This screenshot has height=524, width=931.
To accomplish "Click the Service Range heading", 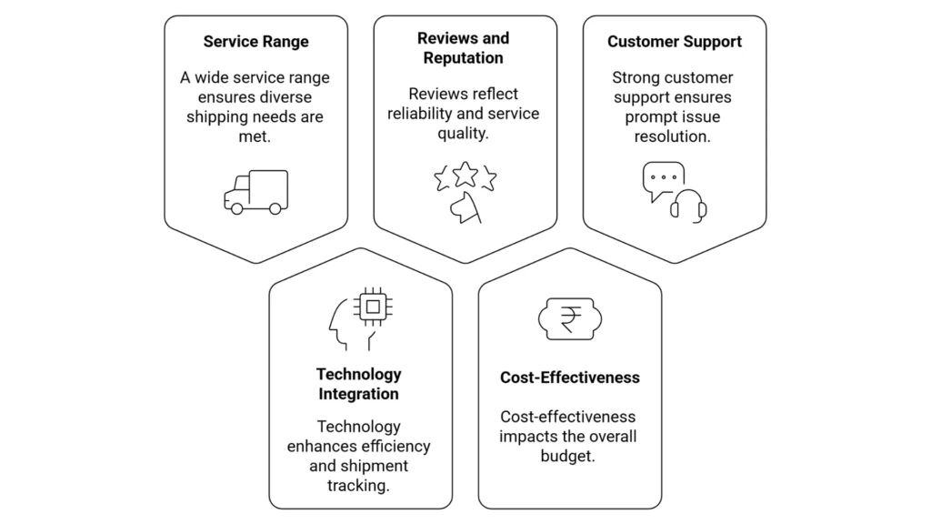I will pos(255,42).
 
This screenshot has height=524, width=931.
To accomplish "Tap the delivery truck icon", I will pos(255,191).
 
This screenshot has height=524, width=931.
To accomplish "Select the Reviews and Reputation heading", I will pos(463,48).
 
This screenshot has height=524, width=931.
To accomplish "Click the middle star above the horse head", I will pos(465,172).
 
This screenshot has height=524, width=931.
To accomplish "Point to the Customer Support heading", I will pos(675,42).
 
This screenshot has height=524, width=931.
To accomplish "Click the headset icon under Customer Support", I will pos(688,205).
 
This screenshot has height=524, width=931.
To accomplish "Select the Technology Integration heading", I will pos(358,384).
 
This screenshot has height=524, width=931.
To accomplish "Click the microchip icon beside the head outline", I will pos(371,307).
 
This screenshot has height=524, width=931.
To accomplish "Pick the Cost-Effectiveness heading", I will pos(570,378).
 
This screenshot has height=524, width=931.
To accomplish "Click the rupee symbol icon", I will pos(570,318).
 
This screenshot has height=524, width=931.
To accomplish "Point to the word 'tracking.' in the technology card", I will pos(358,486).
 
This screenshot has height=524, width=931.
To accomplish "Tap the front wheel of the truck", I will pos(236,208).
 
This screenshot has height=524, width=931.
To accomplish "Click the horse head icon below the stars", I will pos(465,207).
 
